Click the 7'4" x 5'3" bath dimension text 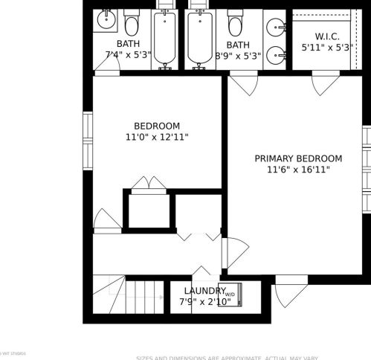[x=128, y=55]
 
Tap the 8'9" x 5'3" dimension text [x=237, y=55]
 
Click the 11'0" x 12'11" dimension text [x=157, y=137]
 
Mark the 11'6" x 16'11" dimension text [x=298, y=170]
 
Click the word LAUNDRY [x=204, y=291]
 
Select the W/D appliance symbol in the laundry [x=230, y=294]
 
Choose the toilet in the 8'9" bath [x=236, y=24]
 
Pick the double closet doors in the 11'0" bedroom [x=149, y=184]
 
